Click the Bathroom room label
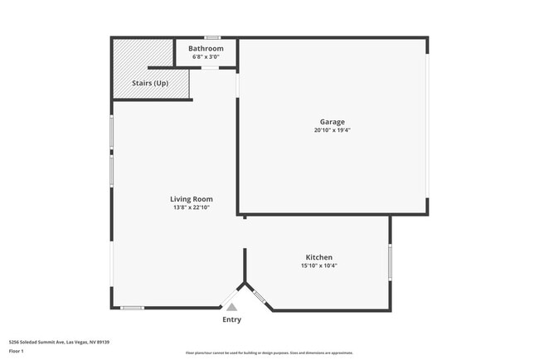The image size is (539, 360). click(x=206, y=49)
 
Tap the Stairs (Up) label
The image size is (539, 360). click(x=150, y=84)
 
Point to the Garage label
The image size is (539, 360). click(x=333, y=122)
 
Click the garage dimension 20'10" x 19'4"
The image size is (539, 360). click(x=333, y=130)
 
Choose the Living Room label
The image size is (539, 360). click(x=192, y=199)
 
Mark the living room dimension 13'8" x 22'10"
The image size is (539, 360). click(x=192, y=207)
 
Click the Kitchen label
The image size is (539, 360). click(x=319, y=257)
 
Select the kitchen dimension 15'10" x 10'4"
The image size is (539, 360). click(x=319, y=266)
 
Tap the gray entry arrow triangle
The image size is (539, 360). click(x=232, y=306)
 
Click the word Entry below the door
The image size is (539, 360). click(x=232, y=319)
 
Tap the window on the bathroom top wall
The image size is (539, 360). click(x=213, y=37)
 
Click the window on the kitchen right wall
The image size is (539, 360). click(x=390, y=262)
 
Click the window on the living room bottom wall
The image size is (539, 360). click(x=133, y=309)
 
